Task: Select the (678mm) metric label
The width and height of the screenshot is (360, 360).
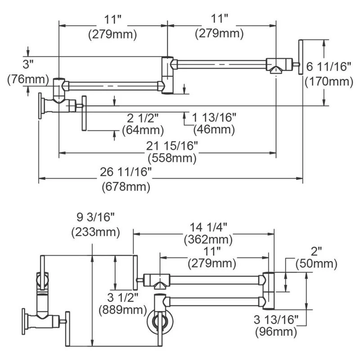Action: coord(126,185)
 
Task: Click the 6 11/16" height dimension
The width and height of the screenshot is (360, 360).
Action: coord(328,67)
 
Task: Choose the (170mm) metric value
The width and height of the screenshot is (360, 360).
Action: coord(328,81)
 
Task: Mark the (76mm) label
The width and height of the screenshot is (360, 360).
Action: coord(27,80)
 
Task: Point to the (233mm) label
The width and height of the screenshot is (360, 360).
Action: coord(96,232)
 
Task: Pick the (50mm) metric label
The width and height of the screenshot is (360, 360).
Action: coord(316,264)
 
